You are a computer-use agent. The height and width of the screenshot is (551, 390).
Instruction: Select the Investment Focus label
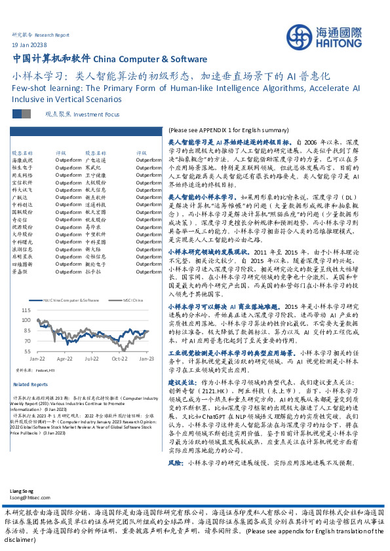pos(97,114)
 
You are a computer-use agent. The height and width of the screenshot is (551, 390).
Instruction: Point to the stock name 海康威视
pos(22,160)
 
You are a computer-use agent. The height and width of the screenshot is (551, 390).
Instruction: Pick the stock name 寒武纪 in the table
pos(93,168)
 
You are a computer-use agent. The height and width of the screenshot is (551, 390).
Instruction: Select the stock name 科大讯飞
pos(22,189)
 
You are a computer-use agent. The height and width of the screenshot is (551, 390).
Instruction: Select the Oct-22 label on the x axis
pos(119,359)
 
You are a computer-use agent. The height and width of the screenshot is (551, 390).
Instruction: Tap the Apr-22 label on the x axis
pos(64,359)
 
